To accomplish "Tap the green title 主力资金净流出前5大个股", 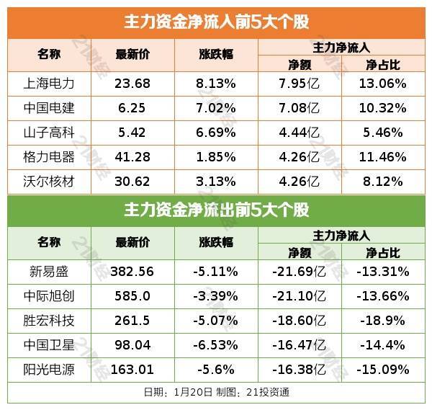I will point(216,210).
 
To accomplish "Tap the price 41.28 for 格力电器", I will point(132,156).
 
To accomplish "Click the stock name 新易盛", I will point(48,271).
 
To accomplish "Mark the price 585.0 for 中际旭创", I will point(132,295).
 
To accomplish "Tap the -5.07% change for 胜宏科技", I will point(215,320).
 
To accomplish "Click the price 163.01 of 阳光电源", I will point(132,369).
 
